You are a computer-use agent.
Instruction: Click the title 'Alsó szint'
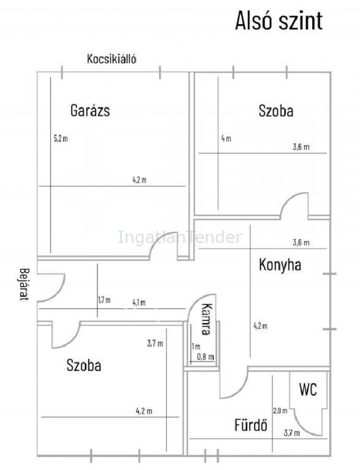pyautogui.click(x=279, y=21)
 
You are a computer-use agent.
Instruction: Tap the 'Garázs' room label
pyautogui.click(x=90, y=110)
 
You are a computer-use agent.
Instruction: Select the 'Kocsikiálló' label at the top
pyautogui.click(x=111, y=59)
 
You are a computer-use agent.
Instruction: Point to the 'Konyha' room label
pyautogui.click(x=280, y=265)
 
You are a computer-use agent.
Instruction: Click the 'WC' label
pyautogui.click(x=308, y=390)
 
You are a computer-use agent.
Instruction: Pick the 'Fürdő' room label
pyautogui.click(x=250, y=425)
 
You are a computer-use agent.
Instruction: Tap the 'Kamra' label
pyautogui.click(x=207, y=319)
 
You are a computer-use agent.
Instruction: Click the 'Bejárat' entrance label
pyautogui.click(x=24, y=284)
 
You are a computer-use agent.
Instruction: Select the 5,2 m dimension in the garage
pyautogui.click(x=61, y=138)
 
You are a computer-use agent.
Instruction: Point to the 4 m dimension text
pyautogui.click(x=226, y=138)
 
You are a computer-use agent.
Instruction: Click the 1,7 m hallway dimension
pyautogui.click(x=104, y=300)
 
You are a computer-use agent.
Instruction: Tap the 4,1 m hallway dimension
pyautogui.click(x=139, y=303)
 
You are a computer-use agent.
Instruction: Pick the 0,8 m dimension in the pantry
pyautogui.click(x=206, y=357)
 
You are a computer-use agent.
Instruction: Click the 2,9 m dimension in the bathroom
pyautogui.click(x=280, y=411)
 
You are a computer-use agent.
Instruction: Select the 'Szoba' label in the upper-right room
pyautogui.click(x=276, y=111)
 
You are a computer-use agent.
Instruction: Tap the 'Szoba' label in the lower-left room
pyautogui.click(x=84, y=365)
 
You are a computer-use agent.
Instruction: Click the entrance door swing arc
pyautogui.click(x=60, y=291)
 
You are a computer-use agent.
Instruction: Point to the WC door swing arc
pyautogui.click(x=301, y=427)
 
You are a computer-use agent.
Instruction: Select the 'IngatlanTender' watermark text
pyautogui.click(x=180, y=237)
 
